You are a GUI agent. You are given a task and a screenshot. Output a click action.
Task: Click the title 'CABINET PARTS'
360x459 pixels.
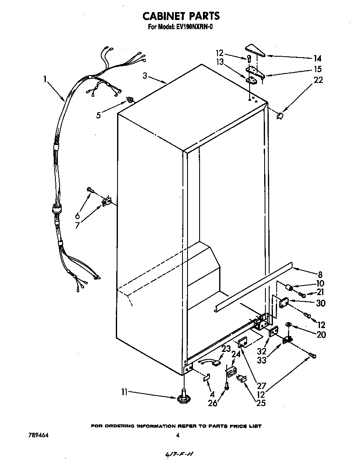[180, 16]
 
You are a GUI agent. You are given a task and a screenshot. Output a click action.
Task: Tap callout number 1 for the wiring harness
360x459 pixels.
[45, 78]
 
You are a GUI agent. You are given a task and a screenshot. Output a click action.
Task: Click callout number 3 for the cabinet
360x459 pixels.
[145, 75]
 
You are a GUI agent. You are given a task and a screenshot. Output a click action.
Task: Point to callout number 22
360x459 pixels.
[318, 80]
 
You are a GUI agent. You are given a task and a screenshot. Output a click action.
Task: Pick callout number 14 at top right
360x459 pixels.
[318, 58]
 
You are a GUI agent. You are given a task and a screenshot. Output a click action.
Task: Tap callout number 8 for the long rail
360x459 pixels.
[320, 275]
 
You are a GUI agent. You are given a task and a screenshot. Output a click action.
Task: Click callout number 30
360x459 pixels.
[320, 303]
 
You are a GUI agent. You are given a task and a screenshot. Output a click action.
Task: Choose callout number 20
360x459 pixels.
[321, 334]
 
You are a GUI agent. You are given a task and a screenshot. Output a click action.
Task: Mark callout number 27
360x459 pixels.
[261, 386]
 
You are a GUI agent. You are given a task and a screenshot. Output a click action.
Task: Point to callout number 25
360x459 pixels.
[261, 403]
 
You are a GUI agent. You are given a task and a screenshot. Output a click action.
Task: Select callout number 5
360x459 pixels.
[98, 115]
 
